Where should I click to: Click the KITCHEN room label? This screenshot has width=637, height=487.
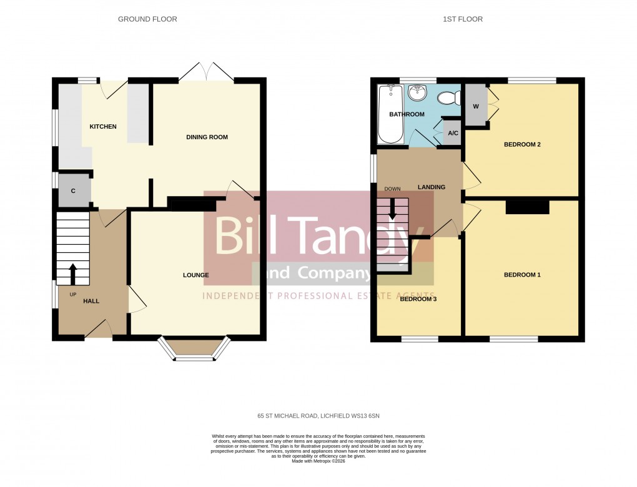[103, 127]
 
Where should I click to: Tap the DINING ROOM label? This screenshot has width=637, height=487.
[207, 137]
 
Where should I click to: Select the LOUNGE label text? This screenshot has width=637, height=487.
[195, 275]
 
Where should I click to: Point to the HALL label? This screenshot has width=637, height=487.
[91, 301]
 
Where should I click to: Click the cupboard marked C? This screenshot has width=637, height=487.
[73, 191]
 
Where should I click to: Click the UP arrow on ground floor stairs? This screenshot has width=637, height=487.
[72, 273]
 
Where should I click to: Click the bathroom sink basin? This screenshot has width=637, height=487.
[417, 93]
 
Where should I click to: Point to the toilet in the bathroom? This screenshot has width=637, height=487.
[448, 98]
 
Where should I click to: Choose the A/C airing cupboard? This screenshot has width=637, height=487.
[452, 134]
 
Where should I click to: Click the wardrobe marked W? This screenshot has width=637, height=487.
[476, 106]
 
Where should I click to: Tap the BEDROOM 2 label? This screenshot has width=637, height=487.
[522, 145]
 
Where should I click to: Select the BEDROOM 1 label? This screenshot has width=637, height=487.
[522, 275]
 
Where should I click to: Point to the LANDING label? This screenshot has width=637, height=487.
[432, 187]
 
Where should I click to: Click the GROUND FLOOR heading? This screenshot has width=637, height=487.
[147, 19]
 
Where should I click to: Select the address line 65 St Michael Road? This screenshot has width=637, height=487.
[318, 415]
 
